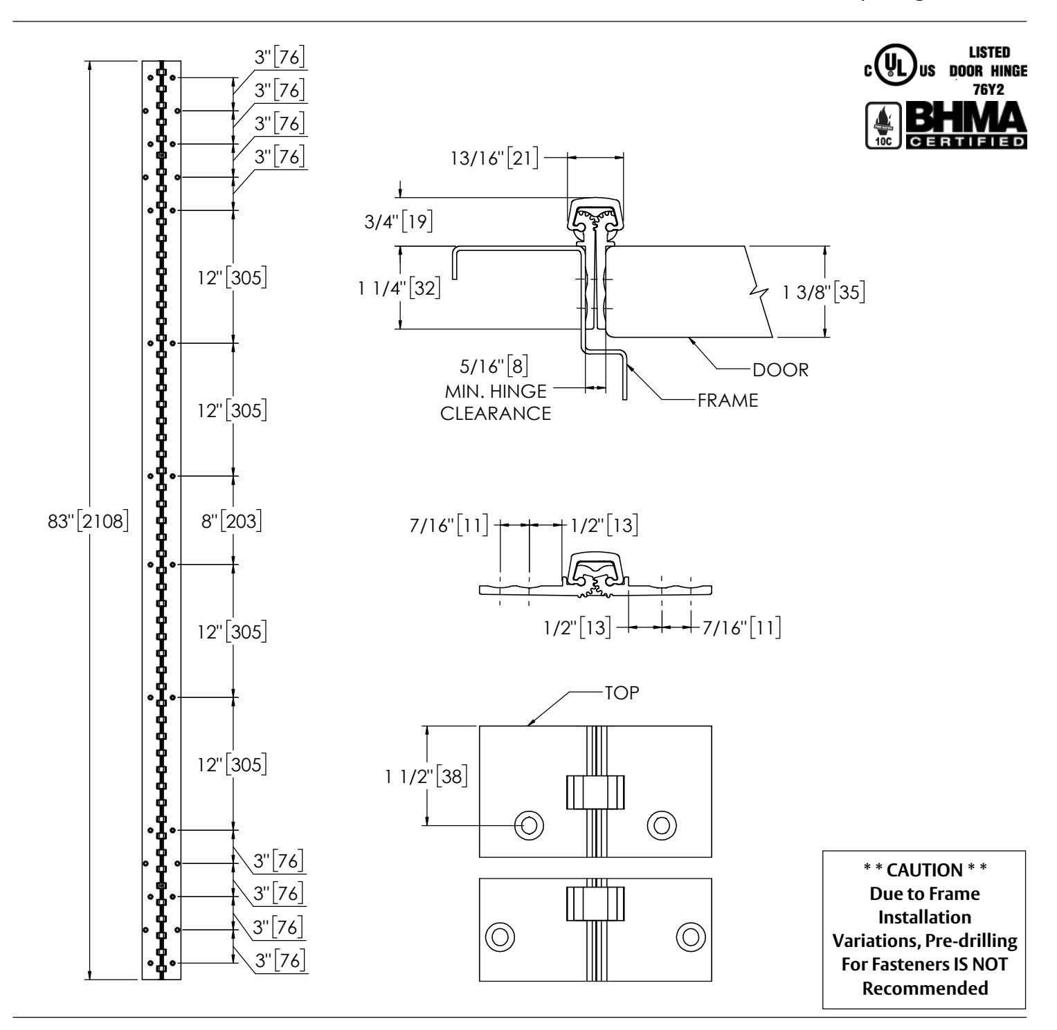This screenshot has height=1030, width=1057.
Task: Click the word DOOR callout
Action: [x=780, y=369]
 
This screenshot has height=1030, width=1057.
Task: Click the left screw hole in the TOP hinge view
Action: [x=529, y=825]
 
